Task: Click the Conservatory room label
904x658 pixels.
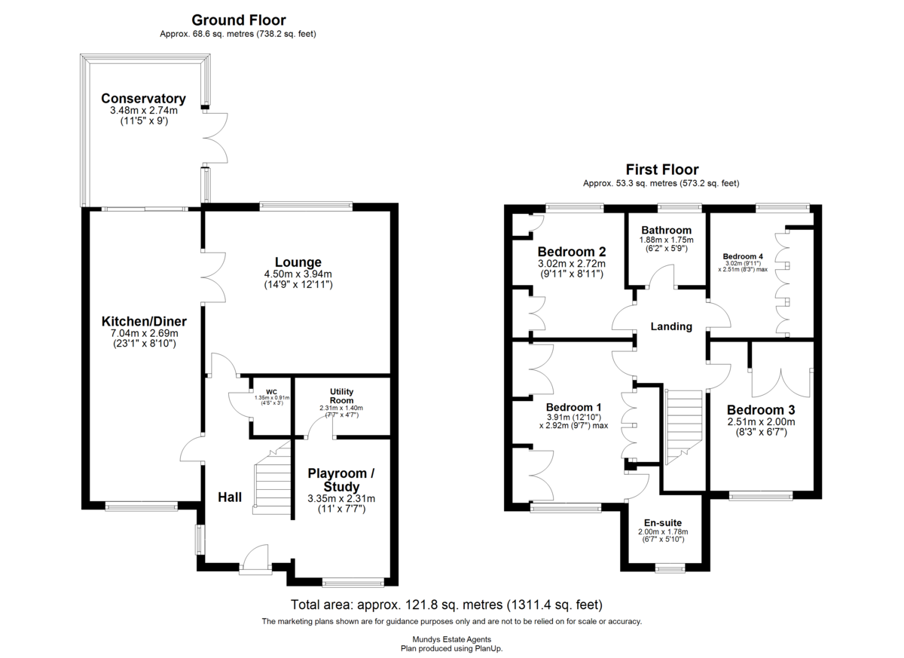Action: [143, 99]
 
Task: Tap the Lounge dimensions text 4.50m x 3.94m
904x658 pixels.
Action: [298, 274]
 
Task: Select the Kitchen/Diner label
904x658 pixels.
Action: [144, 321]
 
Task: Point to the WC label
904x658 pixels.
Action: [272, 392]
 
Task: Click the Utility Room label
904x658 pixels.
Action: [341, 396]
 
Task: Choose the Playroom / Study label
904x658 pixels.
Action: [341, 479]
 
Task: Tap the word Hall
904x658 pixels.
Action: [230, 497]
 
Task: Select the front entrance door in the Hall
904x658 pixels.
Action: [256, 559]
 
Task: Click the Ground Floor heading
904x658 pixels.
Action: [239, 20]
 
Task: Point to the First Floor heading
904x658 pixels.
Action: [662, 169]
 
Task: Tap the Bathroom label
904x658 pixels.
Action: [666, 230]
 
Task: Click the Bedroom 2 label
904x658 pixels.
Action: [572, 252]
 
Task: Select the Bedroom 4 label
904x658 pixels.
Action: [743, 256]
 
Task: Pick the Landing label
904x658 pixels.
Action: [671, 326]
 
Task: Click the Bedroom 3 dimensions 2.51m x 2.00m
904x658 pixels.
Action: [761, 422]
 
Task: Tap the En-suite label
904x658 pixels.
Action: [663, 523]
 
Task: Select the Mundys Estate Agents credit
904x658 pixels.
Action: [451, 639]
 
